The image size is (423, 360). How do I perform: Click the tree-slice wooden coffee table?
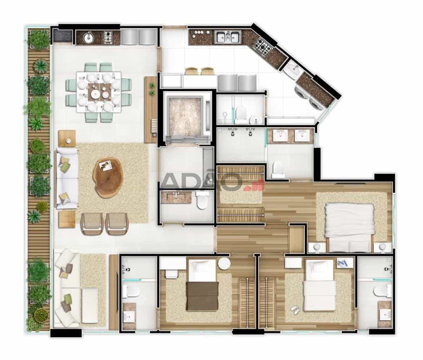click(108, 177)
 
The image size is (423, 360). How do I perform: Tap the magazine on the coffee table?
click(106, 165)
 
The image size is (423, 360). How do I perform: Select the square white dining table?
click(99, 92)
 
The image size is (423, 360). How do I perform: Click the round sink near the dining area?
click(88, 37)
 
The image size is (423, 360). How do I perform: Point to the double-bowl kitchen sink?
click(228, 37)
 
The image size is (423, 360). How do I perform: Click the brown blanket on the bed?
click(202, 296)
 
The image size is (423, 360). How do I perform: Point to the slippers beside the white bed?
click(295, 310)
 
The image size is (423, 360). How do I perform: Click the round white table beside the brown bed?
click(224, 263)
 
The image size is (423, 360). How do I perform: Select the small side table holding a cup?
click(67, 139)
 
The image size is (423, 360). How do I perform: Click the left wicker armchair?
click(92, 223)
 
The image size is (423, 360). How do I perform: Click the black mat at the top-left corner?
click(62, 36)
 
